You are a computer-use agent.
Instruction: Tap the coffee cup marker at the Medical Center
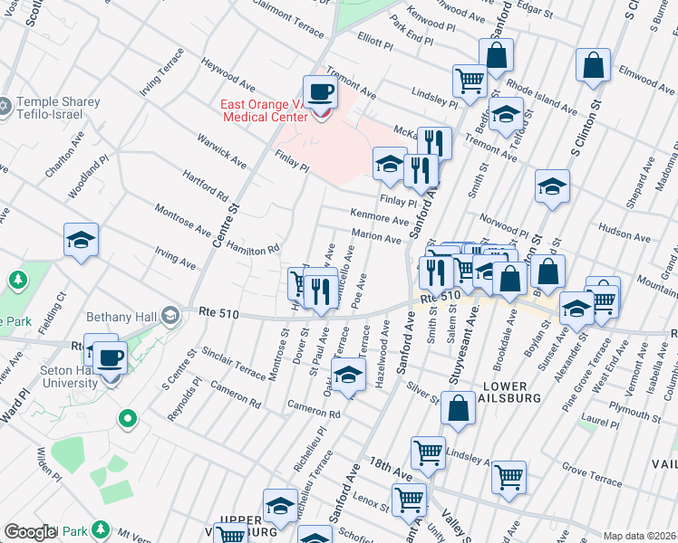click(319, 91)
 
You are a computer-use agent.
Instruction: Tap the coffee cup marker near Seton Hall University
click(110, 357)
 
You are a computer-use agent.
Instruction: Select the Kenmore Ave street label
click(380, 219)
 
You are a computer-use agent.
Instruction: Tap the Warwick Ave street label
click(222, 151)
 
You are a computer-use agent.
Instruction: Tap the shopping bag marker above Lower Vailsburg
click(460, 407)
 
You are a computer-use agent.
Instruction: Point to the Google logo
click(30, 533)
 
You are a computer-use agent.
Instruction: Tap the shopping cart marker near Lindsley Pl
click(470, 81)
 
